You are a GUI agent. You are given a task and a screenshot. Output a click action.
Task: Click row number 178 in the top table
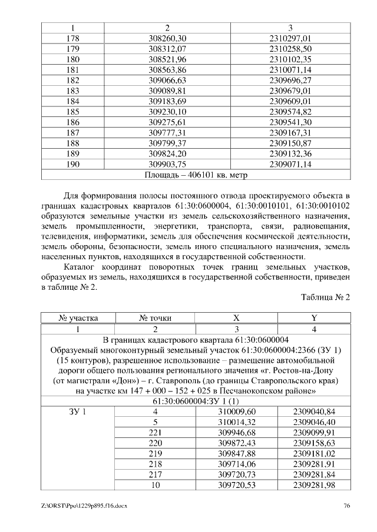tap(73, 38)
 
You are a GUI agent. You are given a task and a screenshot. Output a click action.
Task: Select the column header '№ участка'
tap(78, 318)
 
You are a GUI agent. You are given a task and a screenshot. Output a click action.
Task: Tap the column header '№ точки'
tap(155, 318)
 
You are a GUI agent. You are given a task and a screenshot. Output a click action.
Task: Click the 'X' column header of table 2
tap(236, 318)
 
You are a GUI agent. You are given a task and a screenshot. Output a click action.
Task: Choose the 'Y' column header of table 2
tap(314, 318)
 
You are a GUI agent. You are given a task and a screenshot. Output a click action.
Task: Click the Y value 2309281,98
tap(314, 484)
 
